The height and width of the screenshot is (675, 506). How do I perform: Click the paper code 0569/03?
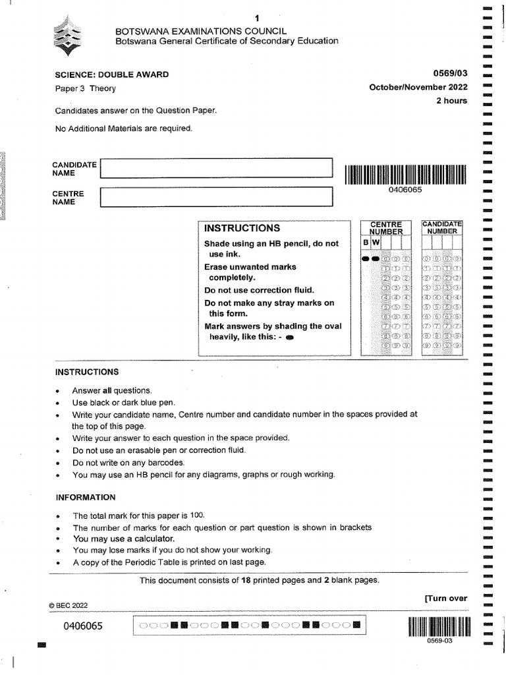click(451, 74)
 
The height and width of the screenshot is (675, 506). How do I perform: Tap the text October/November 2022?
click(418, 88)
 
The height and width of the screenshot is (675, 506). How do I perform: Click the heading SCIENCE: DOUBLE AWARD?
click(111, 74)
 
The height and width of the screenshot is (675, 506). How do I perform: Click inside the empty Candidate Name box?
click(216, 168)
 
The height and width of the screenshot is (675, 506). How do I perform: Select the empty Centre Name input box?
click(216, 196)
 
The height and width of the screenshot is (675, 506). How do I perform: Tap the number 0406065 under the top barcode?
click(405, 190)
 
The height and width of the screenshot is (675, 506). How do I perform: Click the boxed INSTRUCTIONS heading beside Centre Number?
click(242, 228)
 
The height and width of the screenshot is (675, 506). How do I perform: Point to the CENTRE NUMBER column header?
click(385, 228)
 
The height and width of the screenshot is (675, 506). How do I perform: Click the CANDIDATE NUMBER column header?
click(442, 227)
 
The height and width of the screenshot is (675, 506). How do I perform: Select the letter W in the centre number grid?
click(376, 243)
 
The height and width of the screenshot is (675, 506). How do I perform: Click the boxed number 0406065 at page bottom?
click(83, 626)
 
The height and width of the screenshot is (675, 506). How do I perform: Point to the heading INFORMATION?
click(85, 497)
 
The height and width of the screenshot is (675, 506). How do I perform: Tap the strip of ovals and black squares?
click(248, 625)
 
